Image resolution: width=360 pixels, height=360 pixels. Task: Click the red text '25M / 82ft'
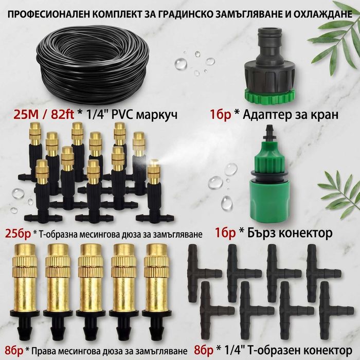pyautogui.click(x=44, y=114)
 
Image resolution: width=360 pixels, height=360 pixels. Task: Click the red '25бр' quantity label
pyautogui.click(x=18, y=233)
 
